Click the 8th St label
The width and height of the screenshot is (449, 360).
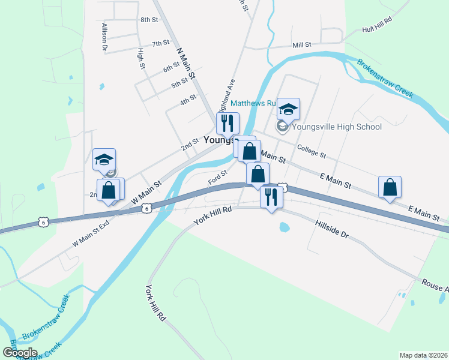point(149,20)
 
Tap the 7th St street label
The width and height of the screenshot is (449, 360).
point(160,43)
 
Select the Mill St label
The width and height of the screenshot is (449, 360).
point(301,45)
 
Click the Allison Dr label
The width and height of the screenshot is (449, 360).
point(104,36)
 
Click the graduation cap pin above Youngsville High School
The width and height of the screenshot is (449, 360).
point(288,109)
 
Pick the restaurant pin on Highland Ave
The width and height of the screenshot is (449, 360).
point(228,124)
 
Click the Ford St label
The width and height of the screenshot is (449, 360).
point(217,177)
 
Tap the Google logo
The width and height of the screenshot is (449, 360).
point(20,352)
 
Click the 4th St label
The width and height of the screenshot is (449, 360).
point(188,99)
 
